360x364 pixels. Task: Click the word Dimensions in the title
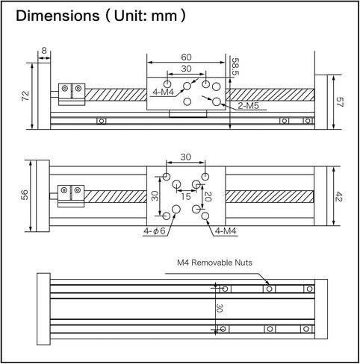[x=58, y=16]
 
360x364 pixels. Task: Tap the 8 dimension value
[x=44, y=51]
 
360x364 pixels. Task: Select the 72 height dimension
[x=25, y=95]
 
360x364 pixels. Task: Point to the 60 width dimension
[x=186, y=57]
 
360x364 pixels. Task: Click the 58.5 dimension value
[x=235, y=66]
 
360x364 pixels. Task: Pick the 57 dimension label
[x=340, y=102]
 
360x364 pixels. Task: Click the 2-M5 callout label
[x=248, y=106]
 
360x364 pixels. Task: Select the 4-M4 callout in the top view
[x=163, y=92]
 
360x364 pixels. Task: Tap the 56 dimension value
[x=25, y=195]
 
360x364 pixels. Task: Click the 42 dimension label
[x=339, y=196]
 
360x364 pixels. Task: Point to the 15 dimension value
[x=186, y=196]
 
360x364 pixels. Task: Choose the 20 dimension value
[x=208, y=196]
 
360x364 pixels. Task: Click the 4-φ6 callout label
[x=155, y=231]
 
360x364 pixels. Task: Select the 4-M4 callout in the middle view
[x=226, y=231]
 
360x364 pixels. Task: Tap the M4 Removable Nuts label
[x=214, y=263]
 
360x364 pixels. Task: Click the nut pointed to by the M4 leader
[x=269, y=289]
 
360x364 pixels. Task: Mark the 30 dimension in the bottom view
[x=219, y=308]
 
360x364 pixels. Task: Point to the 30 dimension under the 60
[x=186, y=69]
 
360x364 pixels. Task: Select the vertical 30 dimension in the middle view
[x=155, y=195]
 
